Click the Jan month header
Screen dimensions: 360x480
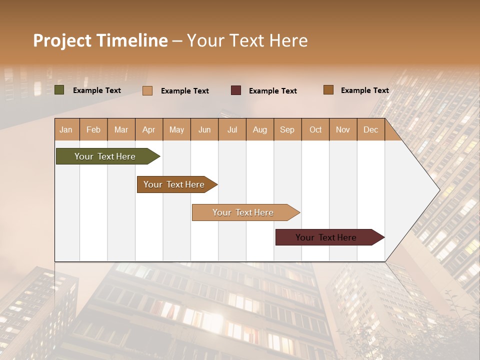(x=66, y=129)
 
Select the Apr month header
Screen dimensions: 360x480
(x=149, y=129)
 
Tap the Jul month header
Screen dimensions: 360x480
(x=232, y=129)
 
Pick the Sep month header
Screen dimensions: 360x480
(x=287, y=129)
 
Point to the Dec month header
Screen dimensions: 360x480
(x=370, y=129)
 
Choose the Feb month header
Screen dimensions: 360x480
(x=93, y=129)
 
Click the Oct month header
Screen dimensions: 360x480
(x=315, y=129)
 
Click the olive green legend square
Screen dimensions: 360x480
(x=59, y=90)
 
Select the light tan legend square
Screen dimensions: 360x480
(x=147, y=90)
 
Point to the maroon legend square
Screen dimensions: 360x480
(x=236, y=90)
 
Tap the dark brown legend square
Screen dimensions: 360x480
(x=328, y=90)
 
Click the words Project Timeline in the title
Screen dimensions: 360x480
(x=100, y=40)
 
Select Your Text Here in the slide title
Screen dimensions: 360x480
(x=247, y=40)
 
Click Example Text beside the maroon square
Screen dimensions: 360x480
(x=273, y=91)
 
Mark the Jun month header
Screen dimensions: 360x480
(x=204, y=129)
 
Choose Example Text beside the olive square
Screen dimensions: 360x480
(x=97, y=90)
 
